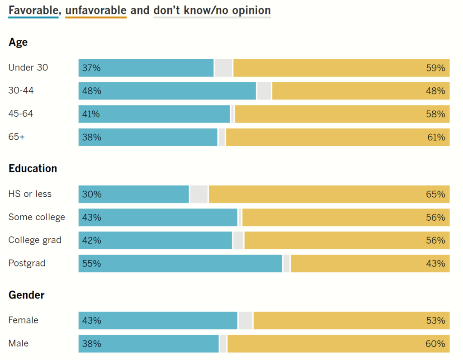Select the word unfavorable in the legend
96,10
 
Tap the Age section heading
18,43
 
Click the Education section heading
33,169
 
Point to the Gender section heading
27,295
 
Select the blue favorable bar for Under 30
146,68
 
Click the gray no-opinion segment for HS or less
199,194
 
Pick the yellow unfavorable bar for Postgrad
370,264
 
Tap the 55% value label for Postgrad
92,264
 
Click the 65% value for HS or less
436,194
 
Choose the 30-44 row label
21,90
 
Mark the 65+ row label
16,137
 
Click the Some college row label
37,217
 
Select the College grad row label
35,240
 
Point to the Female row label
23,320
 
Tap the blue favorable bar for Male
148,344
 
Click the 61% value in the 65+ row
436,137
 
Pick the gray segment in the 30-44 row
264,91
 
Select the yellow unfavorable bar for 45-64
342,114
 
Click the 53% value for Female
436,321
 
